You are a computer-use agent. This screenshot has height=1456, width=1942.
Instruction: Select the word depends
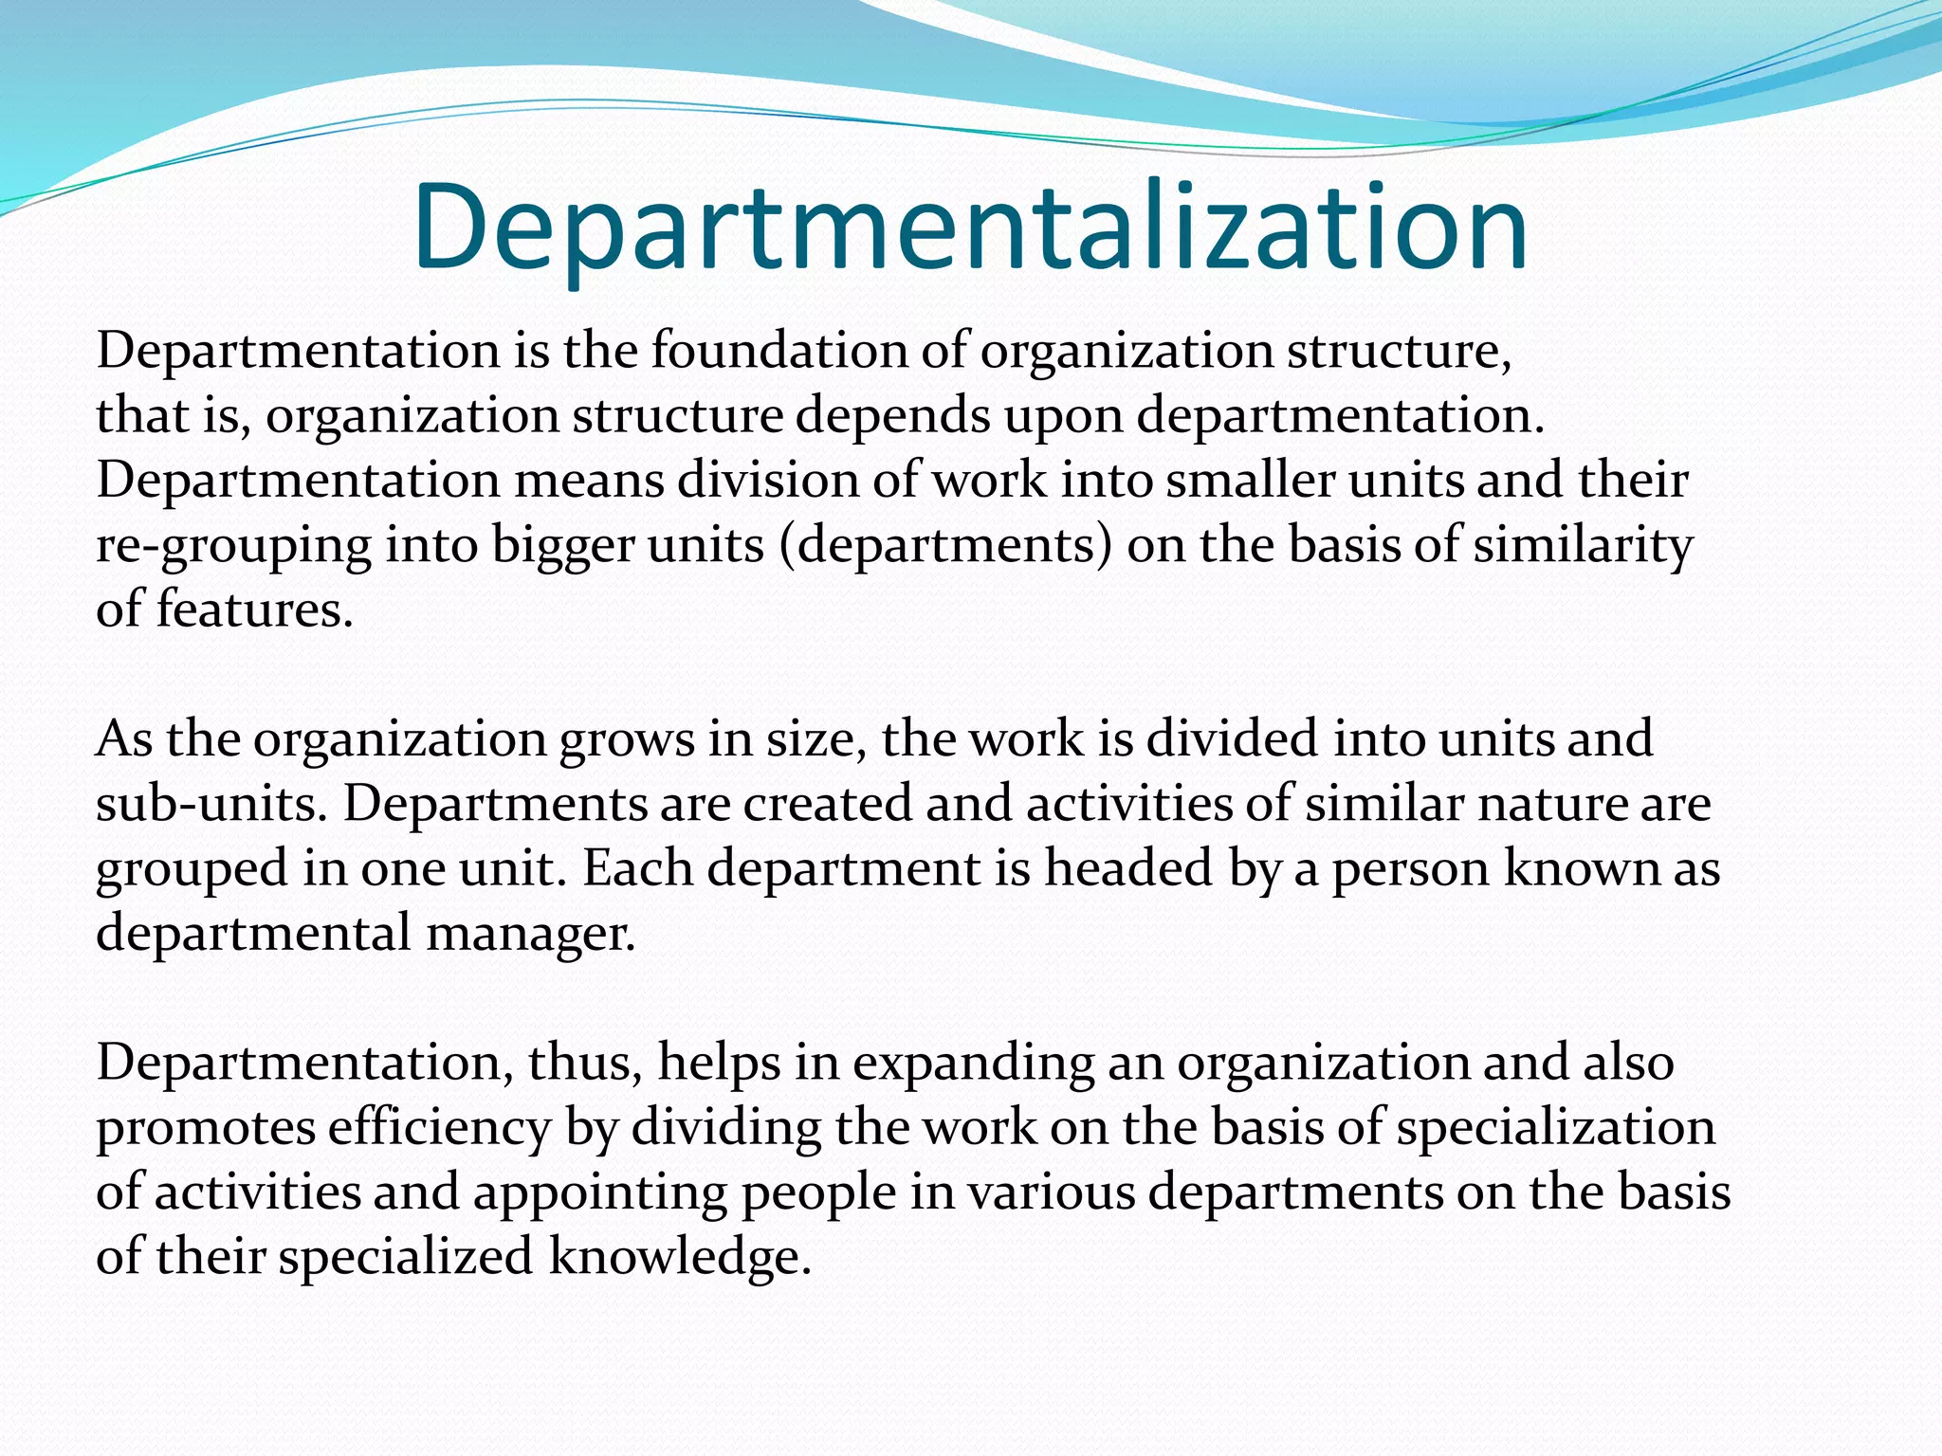(x=893, y=416)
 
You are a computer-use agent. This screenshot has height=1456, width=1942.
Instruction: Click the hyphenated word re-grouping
(x=234, y=547)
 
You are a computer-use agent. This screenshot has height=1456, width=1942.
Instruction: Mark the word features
(x=253, y=610)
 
